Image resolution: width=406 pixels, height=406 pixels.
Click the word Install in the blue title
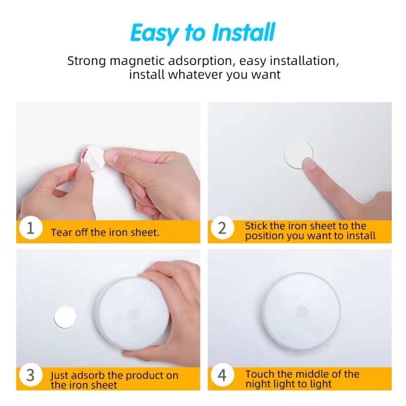coord(244,32)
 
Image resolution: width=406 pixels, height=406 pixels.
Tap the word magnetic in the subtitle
coord(137,61)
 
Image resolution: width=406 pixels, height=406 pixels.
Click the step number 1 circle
coord(30,228)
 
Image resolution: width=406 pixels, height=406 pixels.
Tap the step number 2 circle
coord(222,228)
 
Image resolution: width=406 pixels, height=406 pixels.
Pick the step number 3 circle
coord(30,375)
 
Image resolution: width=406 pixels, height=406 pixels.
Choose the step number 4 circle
coord(222,375)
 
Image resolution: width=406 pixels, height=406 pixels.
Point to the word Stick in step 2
coord(256,226)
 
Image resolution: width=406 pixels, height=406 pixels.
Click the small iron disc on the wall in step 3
coord(65,317)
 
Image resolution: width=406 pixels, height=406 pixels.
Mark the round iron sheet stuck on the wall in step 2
coord(298,154)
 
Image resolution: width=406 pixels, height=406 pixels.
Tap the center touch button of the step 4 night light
coord(302,311)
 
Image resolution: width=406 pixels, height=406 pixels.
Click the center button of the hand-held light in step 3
coord(134,313)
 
